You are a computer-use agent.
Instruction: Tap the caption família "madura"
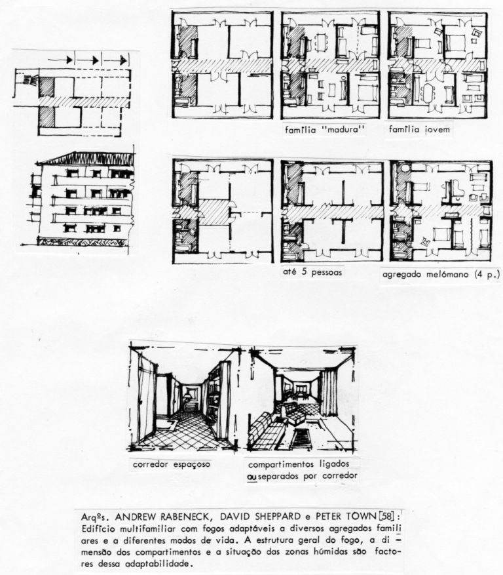point(325,130)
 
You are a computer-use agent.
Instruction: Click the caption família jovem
point(419,129)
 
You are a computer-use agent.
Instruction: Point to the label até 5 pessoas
point(312,272)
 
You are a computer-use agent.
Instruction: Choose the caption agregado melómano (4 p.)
point(441,274)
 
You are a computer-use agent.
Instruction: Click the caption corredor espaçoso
point(172,464)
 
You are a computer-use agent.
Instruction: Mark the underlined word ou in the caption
point(252,476)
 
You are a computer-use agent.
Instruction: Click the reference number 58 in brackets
point(387,517)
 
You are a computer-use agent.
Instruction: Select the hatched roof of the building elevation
point(88,158)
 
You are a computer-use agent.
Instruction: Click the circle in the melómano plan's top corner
point(405,169)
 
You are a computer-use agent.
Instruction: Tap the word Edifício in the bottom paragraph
point(97,529)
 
